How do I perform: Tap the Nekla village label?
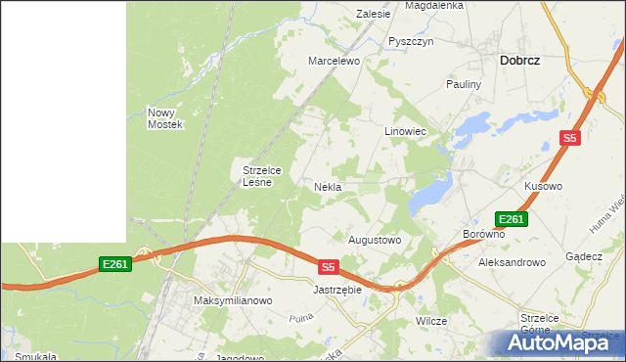click(327, 187)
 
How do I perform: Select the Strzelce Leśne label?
click(262, 175)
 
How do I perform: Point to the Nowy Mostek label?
click(165, 118)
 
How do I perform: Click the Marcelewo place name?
click(335, 61)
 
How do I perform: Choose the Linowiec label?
click(405, 130)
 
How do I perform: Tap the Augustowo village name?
click(376, 240)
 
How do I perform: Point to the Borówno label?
click(483, 235)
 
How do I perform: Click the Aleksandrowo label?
click(511, 263)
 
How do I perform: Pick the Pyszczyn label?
click(410, 42)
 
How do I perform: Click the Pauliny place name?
click(465, 85)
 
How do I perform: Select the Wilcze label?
click(431, 321)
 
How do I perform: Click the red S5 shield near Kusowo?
click(570, 139)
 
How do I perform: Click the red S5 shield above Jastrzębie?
click(328, 266)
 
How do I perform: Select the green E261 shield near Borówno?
click(512, 219)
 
